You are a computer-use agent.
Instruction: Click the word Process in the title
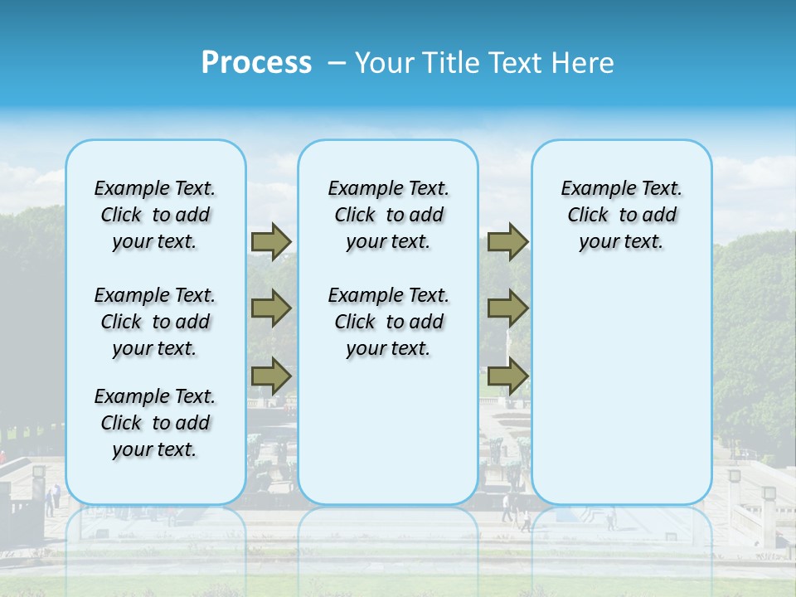click(256, 63)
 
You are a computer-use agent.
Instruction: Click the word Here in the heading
click(581, 63)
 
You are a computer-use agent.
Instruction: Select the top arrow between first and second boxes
click(271, 241)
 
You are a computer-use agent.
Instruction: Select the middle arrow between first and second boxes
click(271, 308)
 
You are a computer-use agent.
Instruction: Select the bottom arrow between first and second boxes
click(271, 375)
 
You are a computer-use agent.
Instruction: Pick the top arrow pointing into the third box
click(507, 241)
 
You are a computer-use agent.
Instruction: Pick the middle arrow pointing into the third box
click(507, 308)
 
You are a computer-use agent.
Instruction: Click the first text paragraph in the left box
click(155, 215)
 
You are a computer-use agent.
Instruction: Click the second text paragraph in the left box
click(155, 322)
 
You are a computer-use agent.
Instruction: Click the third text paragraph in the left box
click(155, 423)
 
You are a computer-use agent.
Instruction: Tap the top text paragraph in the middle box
click(388, 215)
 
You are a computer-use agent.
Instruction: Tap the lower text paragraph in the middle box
click(388, 322)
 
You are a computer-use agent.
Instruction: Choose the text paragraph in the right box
click(621, 215)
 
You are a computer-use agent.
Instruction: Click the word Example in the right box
click(591, 189)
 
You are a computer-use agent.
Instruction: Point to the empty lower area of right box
click(621, 390)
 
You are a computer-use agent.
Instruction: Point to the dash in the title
click(337, 63)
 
